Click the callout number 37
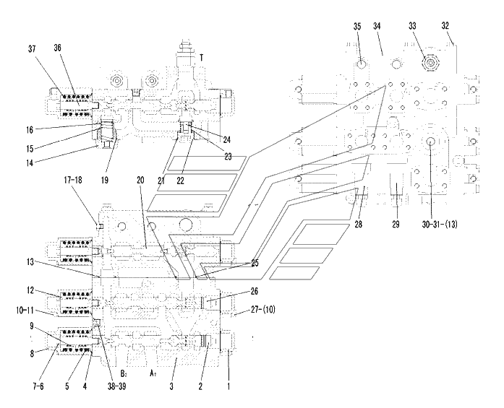(32, 49)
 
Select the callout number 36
(57, 48)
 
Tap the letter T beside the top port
(202, 58)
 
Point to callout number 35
(357, 27)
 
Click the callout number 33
(412, 26)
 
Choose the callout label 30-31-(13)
(440, 225)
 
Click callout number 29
(396, 225)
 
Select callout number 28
(358, 225)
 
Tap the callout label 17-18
(72, 180)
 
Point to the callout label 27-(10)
(263, 310)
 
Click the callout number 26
(255, 292)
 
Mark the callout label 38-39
(116, 386)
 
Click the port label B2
(124, 373)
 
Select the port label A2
(153, 373)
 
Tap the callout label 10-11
(25, 311)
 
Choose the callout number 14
(30, 163)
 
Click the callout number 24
(226, 140)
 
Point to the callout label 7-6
(38, 386)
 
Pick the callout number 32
(445, 26)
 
